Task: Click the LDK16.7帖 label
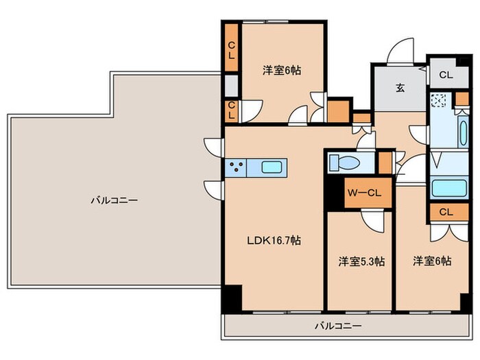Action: [274, 241]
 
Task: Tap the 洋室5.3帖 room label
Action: [361, 261]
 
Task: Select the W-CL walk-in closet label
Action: [359, 193]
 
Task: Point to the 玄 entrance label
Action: [398, 88]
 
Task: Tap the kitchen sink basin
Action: [272, 167]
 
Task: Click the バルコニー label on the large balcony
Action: [114, 201]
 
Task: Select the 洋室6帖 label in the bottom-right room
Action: [432, 261]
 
